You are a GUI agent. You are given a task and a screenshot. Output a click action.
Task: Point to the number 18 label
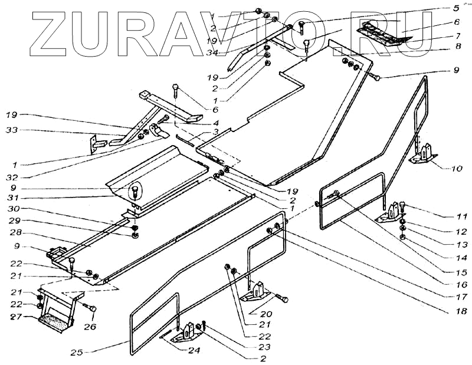click(461, 311)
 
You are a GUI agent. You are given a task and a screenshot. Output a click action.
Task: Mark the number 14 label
click(461, 258)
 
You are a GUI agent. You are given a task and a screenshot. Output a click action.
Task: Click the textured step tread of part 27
click(55, 321)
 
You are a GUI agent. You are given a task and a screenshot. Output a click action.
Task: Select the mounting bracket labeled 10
click(422, 155)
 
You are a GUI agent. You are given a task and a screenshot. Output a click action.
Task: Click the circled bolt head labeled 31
click(135, 191)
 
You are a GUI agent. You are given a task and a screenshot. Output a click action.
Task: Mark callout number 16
click(461, 284)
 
